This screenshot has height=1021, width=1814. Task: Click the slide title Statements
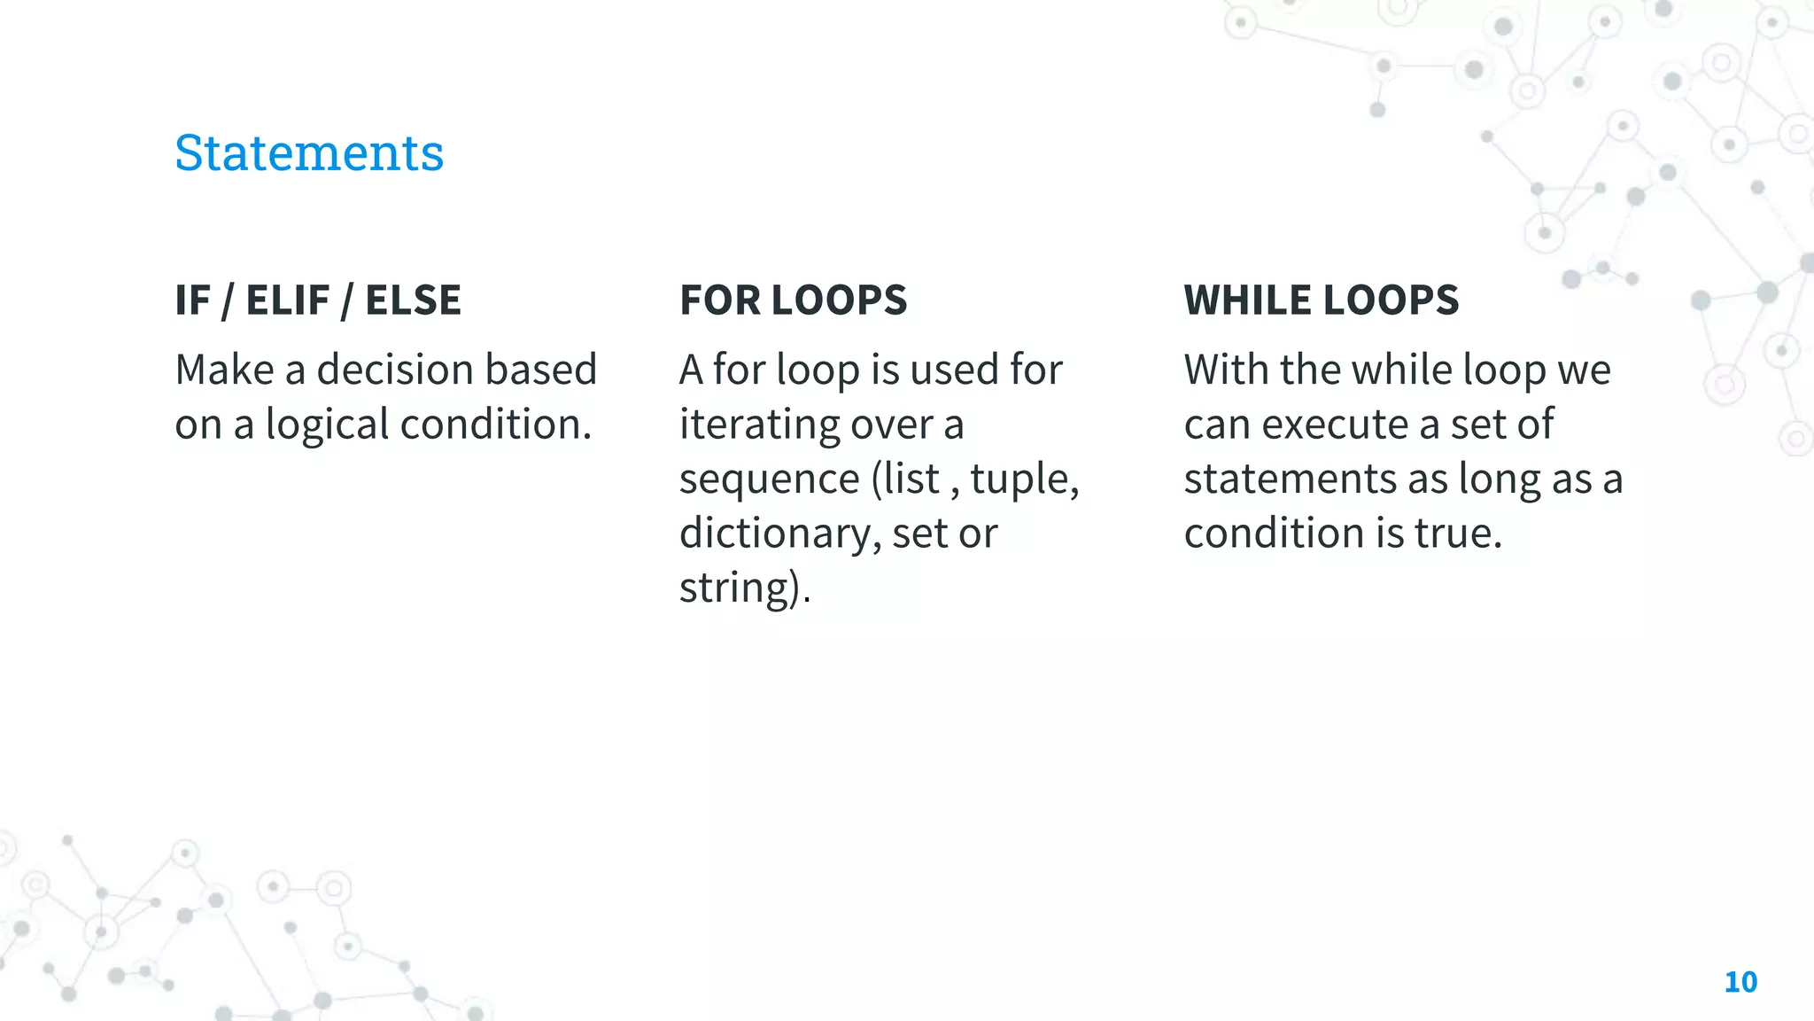[x=309, y=152]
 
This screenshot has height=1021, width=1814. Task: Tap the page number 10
[x=1740, y=982]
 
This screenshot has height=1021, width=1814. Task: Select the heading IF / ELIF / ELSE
[x=318, y=300]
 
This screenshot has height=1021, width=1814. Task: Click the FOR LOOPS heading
[x=793, y=300]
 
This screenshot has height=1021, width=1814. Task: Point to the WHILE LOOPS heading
[x=1321, y=300]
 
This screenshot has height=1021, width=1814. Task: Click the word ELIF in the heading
[x=288, y=300]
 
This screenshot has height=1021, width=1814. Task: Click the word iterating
[x=758, y=425]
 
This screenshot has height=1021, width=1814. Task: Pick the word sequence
[x=769, y=479]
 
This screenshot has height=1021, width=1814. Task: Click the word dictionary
[x=779, y=534]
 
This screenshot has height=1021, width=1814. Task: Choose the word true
[x=1453, y=534]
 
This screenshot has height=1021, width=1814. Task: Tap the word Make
[x=224, y=370]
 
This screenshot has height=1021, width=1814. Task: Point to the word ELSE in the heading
[x=413, y=300]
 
